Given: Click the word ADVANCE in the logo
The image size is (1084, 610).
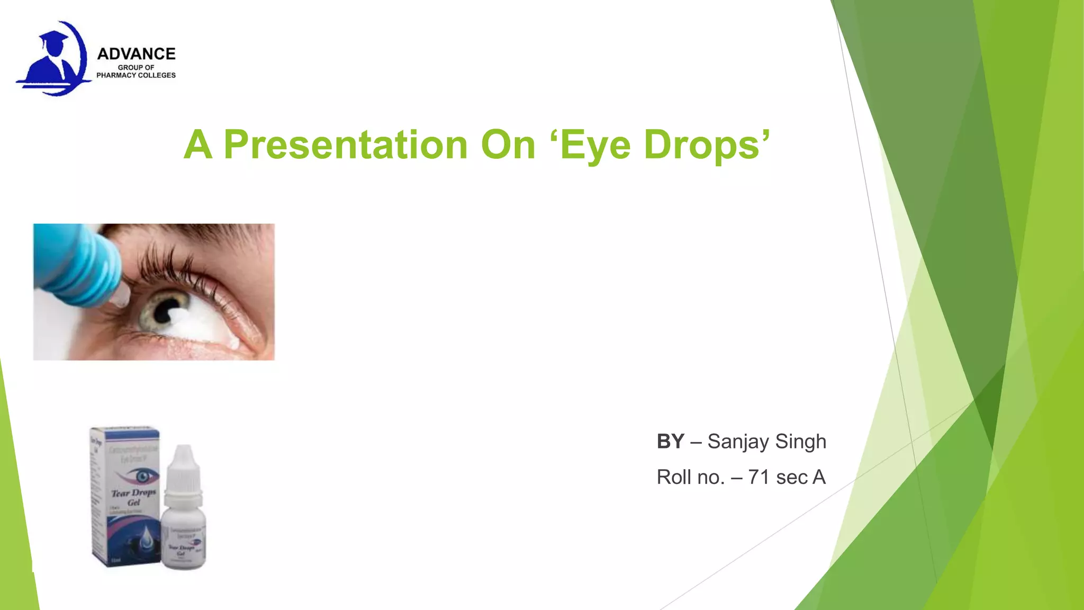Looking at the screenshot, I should pos(136,54).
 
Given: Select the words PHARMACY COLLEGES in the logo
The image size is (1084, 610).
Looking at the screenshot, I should pos(136,75).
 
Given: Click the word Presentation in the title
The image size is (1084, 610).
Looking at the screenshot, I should pos(345,145).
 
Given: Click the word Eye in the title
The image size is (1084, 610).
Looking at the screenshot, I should pos(595,145).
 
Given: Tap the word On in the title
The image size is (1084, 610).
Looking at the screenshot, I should pos(508,145).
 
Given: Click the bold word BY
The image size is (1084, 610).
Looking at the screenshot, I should pos(670,441).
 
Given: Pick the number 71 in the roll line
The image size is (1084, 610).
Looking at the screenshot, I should pos(758,477).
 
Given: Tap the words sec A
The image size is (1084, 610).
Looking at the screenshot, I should pos(800,477).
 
